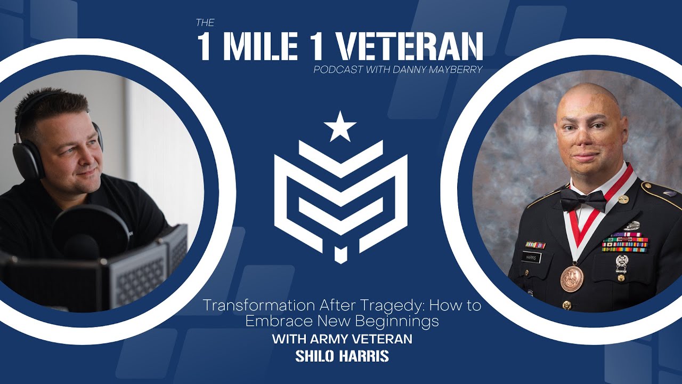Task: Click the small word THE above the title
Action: (x=205, y=23)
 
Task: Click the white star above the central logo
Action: (x=340, y=126)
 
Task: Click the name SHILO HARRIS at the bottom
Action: (x=342, y=356)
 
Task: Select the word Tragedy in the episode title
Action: (x=393, y=307)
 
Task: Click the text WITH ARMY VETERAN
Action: (x=342, y=339)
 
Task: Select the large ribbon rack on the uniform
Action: (x=625, y=243)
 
